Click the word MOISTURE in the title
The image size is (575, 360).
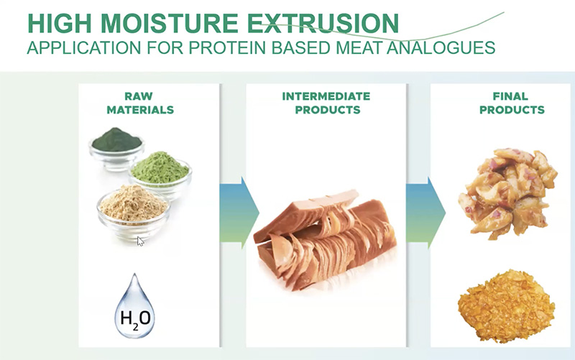coord(170,23)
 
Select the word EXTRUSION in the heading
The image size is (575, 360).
coord(323,23)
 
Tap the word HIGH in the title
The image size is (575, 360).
coord(60,23)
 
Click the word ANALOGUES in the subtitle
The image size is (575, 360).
coord(441,47)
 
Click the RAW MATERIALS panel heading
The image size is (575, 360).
coord(140,103)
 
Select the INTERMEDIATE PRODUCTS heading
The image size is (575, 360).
coord(326,103)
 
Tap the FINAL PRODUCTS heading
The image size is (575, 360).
coord(512,103)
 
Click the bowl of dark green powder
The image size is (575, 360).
coord(116,148)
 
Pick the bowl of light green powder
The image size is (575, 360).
coord(160,175)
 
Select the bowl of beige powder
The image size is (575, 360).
coord(134,212)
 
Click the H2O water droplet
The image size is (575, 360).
coord(135,308)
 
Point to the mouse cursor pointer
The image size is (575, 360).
coord(140,241)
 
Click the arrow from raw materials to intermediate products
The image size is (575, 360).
coord(239,213)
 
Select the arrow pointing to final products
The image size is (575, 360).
coord(425,213)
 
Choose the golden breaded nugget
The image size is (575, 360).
coord(507,305)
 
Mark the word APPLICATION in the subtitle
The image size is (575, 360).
coord(84,47)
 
